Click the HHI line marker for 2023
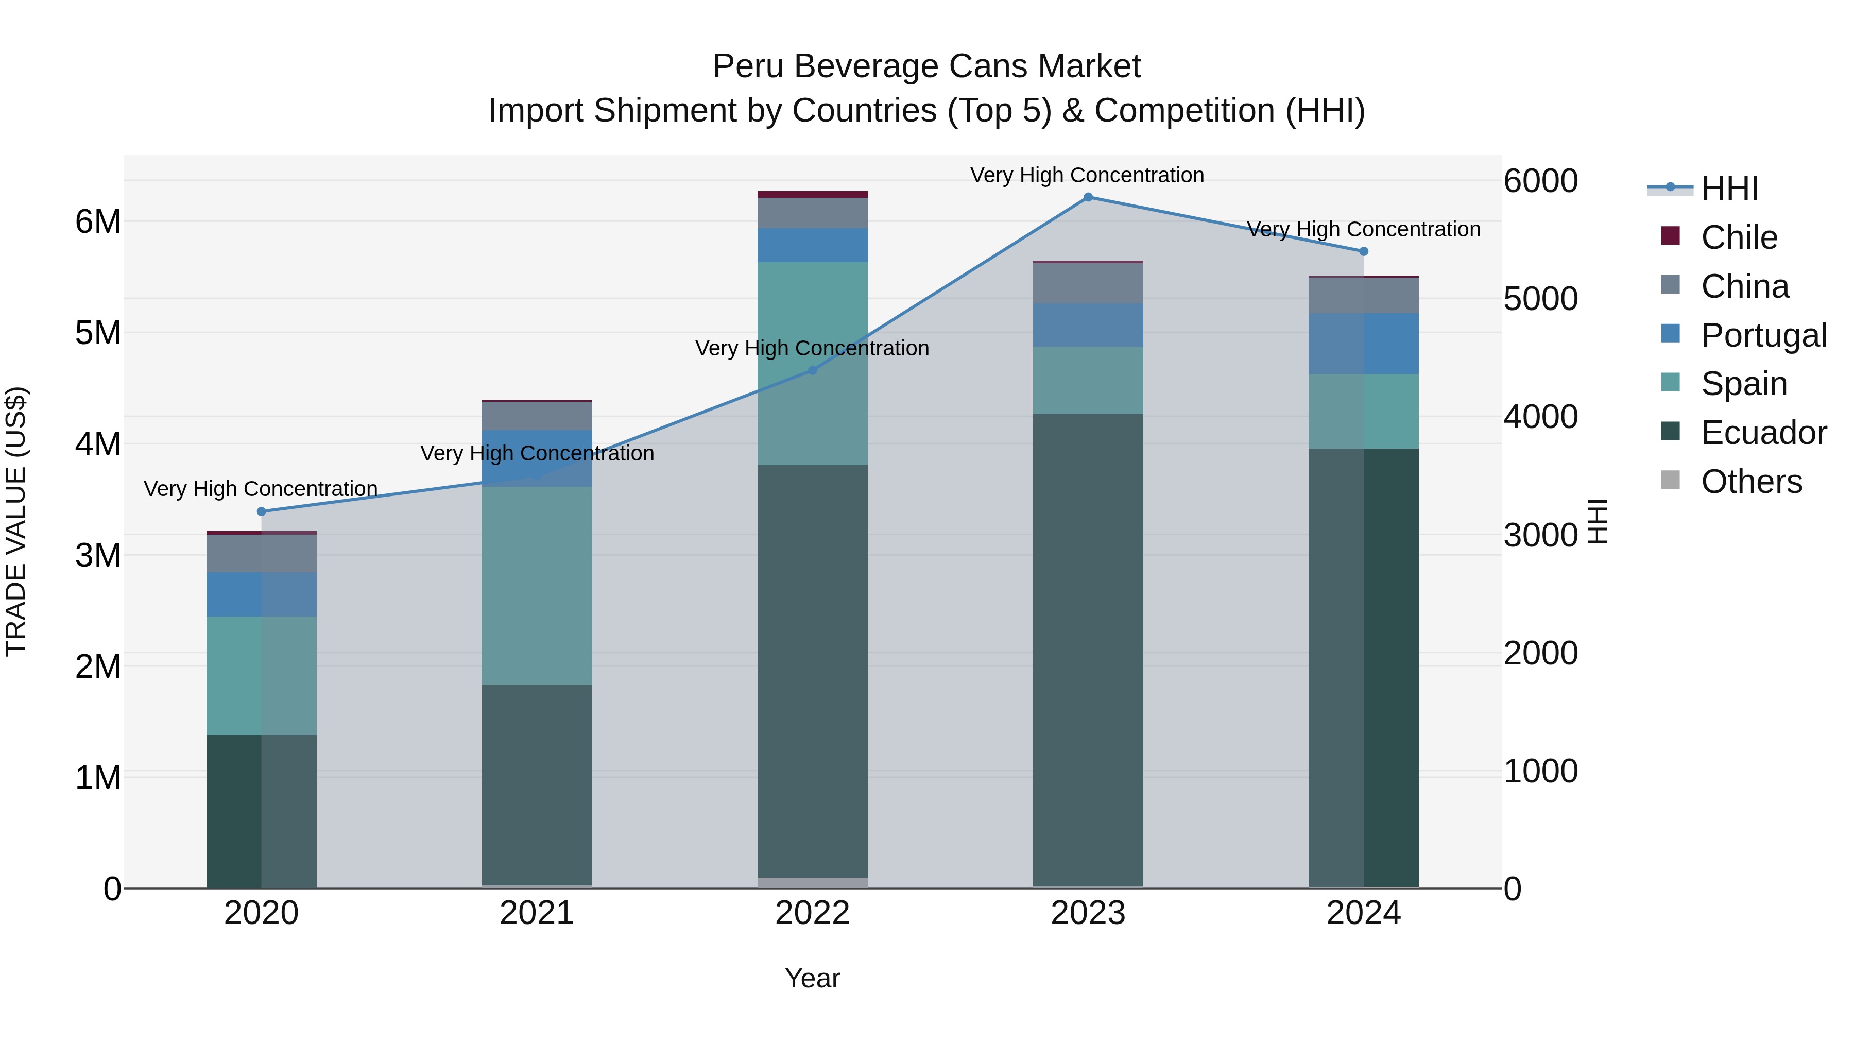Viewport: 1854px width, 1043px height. pos(1088,197)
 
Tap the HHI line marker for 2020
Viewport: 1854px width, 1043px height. pos(261,512)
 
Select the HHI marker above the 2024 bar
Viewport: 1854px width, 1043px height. pos(1363,251)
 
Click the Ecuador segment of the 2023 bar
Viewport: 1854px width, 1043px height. pos(1088,648)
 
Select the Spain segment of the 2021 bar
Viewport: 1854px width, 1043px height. pos(537,585)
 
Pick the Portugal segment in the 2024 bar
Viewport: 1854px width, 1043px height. pos(1363,344)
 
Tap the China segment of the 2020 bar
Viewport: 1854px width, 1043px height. pos(261,553)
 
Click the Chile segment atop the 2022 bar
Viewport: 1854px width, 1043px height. pos(813,194)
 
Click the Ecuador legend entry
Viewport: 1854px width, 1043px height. pos(1763,433)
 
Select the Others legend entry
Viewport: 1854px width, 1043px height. pos(1750,482)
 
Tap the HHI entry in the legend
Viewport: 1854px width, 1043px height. pos(1729,189)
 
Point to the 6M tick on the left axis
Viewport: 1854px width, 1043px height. pos(98,221)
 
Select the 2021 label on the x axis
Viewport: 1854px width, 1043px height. pos(537,913)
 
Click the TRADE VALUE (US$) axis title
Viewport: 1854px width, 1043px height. pos(16,521)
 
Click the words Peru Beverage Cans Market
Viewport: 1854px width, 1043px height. pos(926,66)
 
